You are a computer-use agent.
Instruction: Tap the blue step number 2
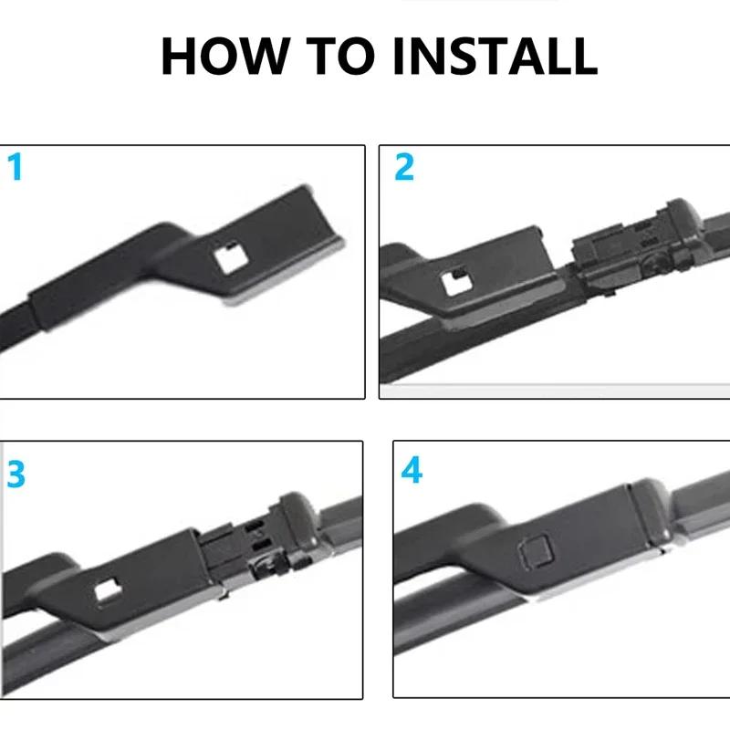pos(404,167)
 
